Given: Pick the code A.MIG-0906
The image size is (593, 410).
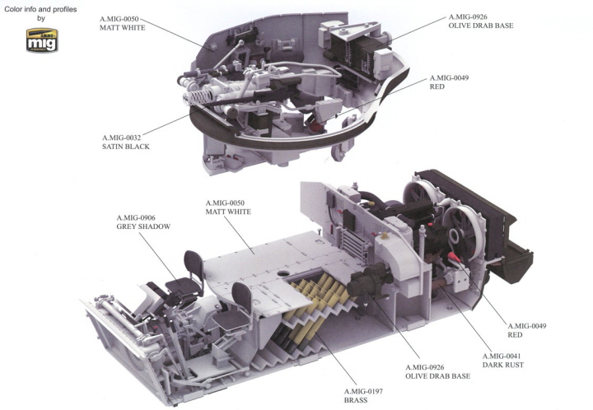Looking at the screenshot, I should [x=142, y=217].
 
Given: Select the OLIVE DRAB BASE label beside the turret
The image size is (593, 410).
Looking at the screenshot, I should [x=482, y=26].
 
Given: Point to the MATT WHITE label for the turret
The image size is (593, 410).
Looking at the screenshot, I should [x=122, y=27].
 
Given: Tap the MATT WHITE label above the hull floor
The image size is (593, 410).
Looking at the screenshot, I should [x=228, y=211].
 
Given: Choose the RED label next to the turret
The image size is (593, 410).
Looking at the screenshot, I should [x=437, y=86].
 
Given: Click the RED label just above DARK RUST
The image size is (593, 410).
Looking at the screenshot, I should [x=516, y=335].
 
